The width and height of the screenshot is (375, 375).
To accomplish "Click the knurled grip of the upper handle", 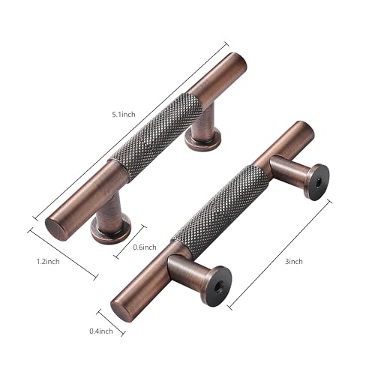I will point(157,136).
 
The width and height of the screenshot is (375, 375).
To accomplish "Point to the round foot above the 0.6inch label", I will point(111,226).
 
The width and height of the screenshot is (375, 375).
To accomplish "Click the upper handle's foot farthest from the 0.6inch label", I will point(202,136).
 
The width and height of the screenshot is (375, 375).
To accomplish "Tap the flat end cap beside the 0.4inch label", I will point(123,307).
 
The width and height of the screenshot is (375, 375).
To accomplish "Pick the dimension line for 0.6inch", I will point(130,240).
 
